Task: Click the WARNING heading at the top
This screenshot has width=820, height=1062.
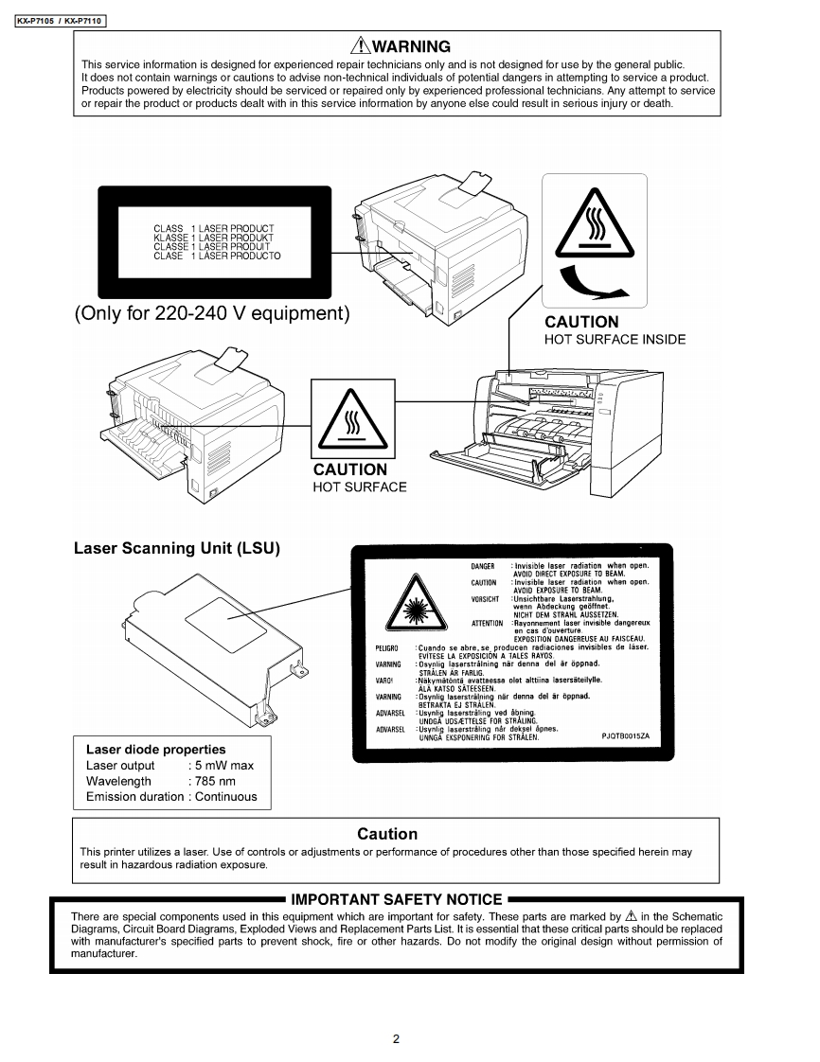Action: [411, 46]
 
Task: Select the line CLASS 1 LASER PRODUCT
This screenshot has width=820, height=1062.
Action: [213, 229]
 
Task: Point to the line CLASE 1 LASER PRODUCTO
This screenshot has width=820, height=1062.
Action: [217, 256]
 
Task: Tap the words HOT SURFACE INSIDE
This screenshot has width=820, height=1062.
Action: [615, 340]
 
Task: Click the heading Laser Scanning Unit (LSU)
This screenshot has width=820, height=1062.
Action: [177, 548]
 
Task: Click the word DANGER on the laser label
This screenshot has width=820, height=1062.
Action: [483, 566]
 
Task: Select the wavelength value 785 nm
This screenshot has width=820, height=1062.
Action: [213, 781]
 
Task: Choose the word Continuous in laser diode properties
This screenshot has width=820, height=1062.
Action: [225, 797]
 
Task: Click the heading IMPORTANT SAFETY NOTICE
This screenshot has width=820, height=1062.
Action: [396, 898]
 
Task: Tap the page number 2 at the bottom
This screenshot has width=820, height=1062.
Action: [396, 1038]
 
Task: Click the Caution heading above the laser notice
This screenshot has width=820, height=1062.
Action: [386, 834]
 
